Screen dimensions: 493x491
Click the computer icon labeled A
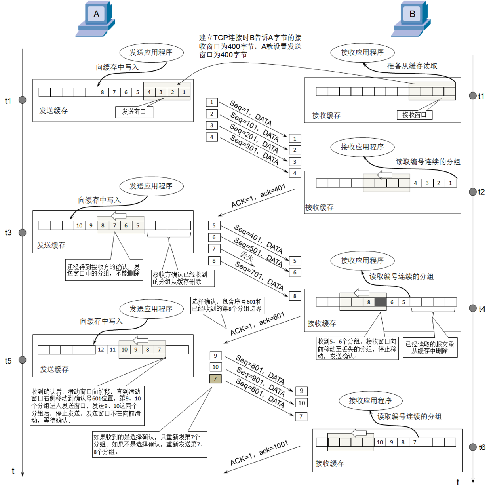pos(95,19)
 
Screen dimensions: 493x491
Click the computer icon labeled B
pos(411,19)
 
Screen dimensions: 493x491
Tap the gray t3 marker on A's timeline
pos(23,232)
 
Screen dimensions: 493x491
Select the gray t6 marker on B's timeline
pos(472,447)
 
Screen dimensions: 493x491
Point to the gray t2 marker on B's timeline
pos(472,192)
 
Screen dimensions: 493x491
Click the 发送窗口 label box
pos(134,112)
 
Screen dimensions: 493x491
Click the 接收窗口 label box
pos(414,115)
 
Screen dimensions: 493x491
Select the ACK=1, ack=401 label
pos(258,196)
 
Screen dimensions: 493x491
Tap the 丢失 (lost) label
pos(247,256)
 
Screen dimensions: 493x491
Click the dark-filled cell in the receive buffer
pos(381,302)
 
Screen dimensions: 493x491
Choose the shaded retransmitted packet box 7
pos(215,379)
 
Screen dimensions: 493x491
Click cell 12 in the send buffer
pos(101,350)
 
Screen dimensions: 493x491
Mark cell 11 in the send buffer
pos(113,350)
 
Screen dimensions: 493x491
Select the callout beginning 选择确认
pos(227,305)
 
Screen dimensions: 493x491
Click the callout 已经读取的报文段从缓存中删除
pos(430,348)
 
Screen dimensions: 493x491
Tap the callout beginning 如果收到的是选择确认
pos(149,444)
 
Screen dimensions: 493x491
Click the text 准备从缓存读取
pos(412,66)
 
